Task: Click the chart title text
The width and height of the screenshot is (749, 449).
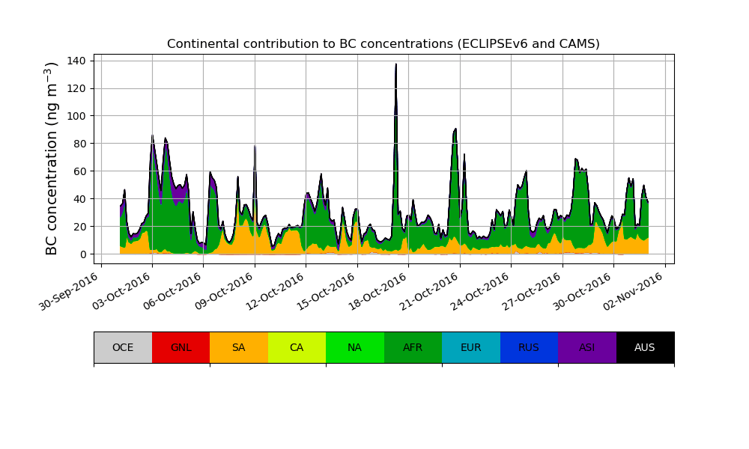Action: click(383, 44)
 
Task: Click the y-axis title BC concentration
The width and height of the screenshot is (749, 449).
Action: click(52, 159)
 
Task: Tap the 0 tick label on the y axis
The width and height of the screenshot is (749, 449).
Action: click(84, 254)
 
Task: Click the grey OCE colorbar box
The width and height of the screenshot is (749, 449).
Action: click(123, 347)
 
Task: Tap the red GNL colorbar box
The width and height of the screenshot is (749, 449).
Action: click(181, 347)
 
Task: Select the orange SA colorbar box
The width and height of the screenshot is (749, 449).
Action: click(239, 347)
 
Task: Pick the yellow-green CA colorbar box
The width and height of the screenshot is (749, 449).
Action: click(297, 347)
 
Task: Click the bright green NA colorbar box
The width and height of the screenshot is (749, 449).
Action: click(355, 347)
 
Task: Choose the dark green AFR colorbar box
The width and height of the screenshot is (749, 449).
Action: click(413, 347)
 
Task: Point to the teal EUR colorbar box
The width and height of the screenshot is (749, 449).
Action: click(471, 347)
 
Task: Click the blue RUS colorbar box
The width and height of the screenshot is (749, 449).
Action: click(529, 347)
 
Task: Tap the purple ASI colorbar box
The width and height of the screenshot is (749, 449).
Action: click(587, 347)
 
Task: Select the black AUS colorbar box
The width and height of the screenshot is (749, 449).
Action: click(645, 347)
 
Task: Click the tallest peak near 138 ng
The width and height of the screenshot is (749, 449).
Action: click(396, 65)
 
